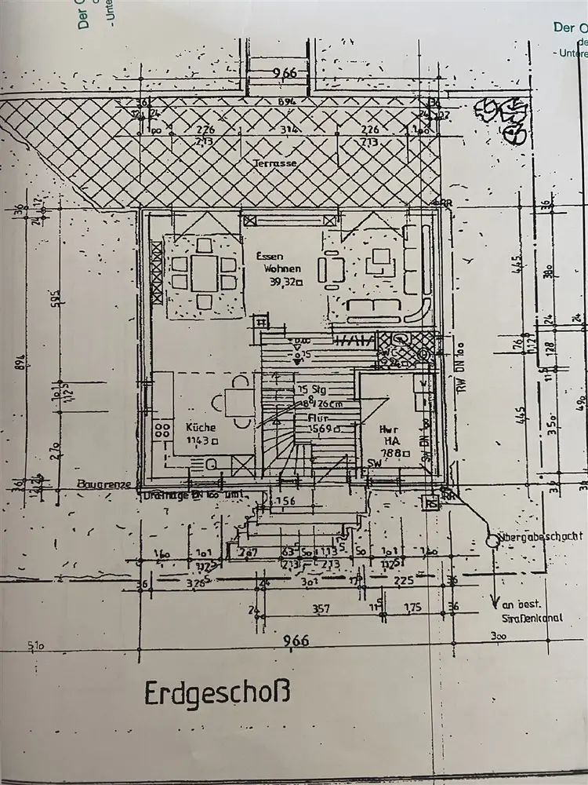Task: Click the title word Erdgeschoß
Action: pos(217,694)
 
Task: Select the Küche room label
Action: pos(200,428)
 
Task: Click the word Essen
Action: pos(269,256)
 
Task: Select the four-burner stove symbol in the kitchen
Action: pos(163,429)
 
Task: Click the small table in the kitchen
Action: pos(239,403)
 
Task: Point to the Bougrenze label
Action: pos(106,485)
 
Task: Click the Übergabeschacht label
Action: pos(542,536)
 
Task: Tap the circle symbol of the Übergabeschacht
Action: pos(493,541)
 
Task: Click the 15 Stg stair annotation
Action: pos(308,390)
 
